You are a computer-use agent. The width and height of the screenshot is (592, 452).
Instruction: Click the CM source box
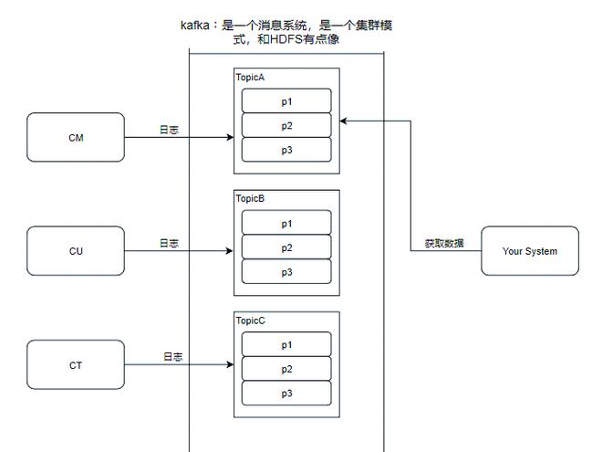(76, 138)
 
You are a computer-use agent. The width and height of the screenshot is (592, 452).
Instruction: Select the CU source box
(76, 251)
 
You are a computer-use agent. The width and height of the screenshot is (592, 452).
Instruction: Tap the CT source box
(76, 365)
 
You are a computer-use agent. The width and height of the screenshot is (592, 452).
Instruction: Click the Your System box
(530, 251)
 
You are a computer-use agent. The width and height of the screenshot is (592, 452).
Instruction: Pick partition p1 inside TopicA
(286, 100)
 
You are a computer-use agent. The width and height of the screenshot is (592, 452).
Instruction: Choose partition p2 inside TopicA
(286, 125)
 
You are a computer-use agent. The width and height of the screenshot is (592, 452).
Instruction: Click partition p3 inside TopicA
(286, 150)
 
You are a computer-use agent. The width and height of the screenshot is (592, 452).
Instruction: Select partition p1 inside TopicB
(286, 223)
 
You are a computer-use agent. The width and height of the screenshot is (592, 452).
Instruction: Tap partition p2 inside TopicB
(286, 247)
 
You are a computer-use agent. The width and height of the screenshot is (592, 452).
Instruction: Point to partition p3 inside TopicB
(286, 272)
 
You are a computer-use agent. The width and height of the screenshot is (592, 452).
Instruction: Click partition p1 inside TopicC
(286, 344)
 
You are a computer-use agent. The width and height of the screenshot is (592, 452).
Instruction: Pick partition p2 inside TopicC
(286, 369)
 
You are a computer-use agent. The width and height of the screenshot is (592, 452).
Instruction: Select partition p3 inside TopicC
(286, 394)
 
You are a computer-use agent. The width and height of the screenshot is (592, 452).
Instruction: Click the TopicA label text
(250, 78)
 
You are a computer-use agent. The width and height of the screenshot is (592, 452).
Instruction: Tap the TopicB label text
(250, 199)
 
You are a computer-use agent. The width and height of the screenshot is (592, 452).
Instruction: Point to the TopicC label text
(250, 321)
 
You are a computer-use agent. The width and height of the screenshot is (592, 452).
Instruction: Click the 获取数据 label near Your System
(443, 244)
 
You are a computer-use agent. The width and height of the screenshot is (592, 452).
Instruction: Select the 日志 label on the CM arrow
(169, 131)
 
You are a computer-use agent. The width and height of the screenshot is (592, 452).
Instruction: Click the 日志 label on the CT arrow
(172, 357)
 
